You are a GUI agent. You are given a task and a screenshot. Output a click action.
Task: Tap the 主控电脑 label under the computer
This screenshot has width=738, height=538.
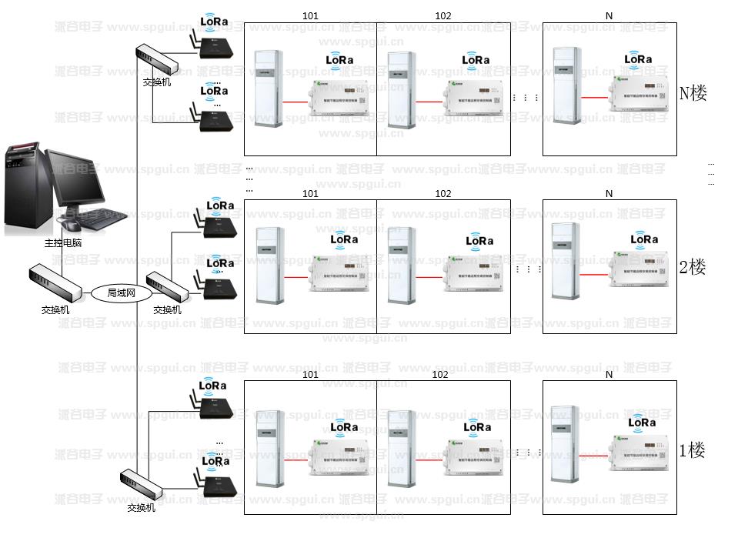tap(63, 243)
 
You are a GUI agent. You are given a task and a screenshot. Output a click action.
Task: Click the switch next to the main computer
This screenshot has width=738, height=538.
tap(55, 284)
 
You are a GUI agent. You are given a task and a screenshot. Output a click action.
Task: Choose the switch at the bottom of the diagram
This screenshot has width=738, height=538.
tap(142, 486)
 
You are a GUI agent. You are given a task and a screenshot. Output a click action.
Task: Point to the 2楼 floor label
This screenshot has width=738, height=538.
tap(692, 268)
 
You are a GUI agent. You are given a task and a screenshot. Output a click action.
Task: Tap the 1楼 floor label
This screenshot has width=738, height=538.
tap(691, 450)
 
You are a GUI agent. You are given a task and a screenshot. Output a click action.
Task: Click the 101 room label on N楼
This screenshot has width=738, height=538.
tap(309, 15)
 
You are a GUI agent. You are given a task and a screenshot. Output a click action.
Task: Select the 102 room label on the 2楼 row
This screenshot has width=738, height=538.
tap(443, 194)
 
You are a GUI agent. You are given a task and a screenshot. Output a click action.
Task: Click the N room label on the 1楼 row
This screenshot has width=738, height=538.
tap(609, 375)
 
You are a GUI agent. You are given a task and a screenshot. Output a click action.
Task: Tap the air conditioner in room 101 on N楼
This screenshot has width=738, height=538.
tap(269, 89)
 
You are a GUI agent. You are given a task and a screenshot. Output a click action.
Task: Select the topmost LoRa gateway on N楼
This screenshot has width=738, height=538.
tap(214, 46)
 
